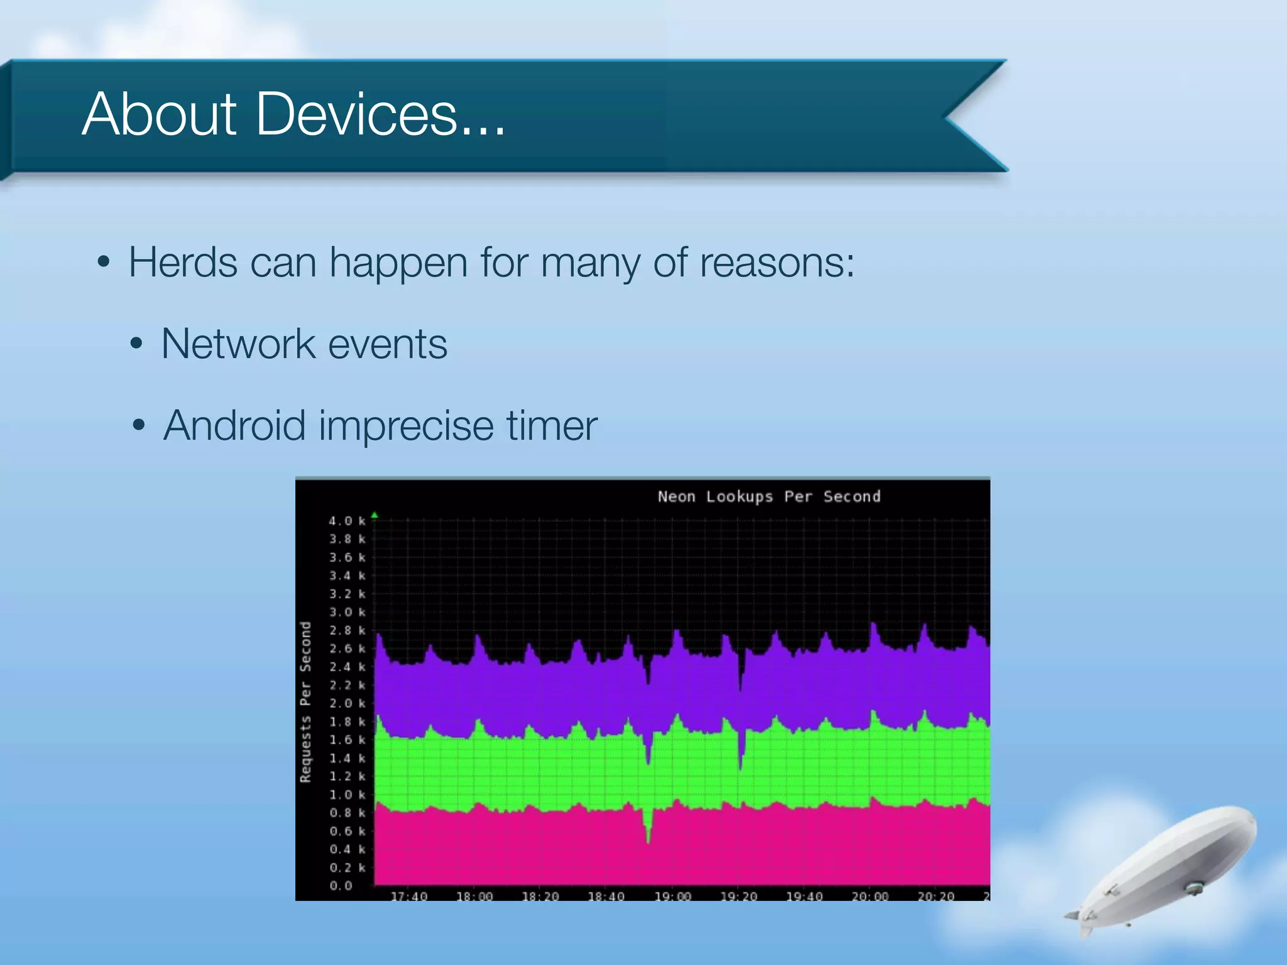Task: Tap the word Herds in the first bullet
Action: click(x=183, y=262)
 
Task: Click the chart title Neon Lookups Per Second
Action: click(x=769, y=496)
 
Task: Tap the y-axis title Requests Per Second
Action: click(x=305, y=702)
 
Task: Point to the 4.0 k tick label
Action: click(x=346, y=521)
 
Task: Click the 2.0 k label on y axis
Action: click(x=346, y=703)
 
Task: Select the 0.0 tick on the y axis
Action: click(x=341, y=886)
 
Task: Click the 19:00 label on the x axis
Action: click(x=672, y=896)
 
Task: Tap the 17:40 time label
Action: click(x=409, y=896)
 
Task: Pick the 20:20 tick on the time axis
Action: click(x=936, y=896)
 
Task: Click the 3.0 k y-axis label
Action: click(x=346, y=612)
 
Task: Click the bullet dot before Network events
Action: click(x=136, y=344)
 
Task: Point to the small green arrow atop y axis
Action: click(x=375, y=515)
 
